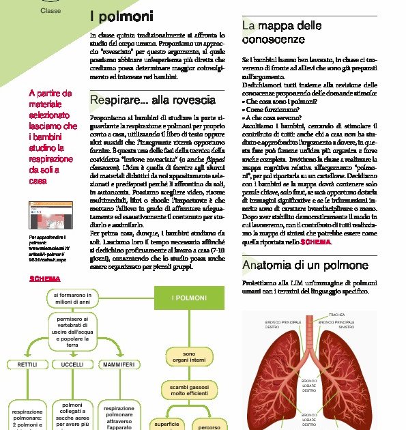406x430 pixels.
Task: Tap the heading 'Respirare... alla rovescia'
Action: pyautogui.click(x=153, y=101)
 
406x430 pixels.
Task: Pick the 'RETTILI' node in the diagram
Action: pyautogui.click(x=27, y=365)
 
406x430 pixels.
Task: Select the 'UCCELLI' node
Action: pyautogui.click(x=72, y=365)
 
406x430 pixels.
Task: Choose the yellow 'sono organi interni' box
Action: pyautogui.click(x=189, y=358)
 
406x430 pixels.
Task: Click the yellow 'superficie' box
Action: pyautogui.click(x=167, y=425)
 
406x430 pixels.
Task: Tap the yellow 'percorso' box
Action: pyautogui.click(x=209, y=426)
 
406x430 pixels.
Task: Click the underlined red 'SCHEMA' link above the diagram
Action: pyautogui.click(x=44, y=278)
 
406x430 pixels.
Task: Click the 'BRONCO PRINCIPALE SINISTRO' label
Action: pyautogui.click(x=337, y=324)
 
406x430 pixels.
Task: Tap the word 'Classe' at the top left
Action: pyautogui.click(x=50, y=11)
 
